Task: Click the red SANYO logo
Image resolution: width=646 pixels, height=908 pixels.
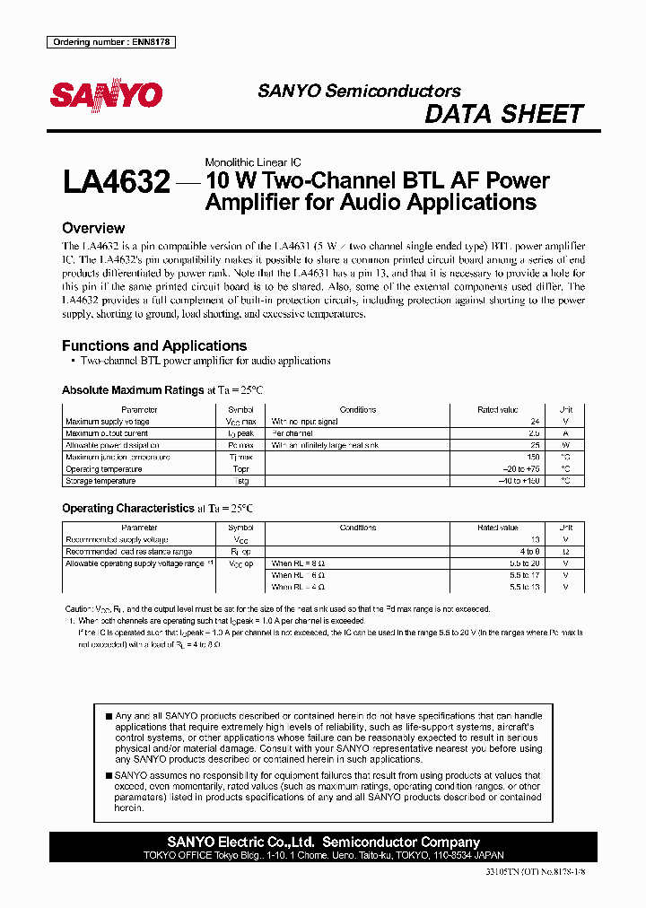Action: (x=106, y=95)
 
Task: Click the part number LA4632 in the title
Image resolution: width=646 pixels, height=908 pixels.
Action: (x=116, y=184)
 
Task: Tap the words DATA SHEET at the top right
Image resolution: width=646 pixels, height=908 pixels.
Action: (x=503, y=114)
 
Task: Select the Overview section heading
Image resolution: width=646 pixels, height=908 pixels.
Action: (x=93, y=228)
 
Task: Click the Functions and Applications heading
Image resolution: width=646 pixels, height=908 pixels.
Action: (x=154, y=345)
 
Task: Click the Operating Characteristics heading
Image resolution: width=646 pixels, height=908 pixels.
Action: (x=128, y=508)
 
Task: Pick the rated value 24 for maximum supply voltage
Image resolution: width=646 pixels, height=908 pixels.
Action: (x=534, y=421)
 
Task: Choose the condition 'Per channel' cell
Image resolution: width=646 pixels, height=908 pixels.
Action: (x=292, y=432)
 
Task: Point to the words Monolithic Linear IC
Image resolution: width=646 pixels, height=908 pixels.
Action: (x=253, y=162)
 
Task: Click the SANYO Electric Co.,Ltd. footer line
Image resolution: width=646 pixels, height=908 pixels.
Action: (x=324, y=842)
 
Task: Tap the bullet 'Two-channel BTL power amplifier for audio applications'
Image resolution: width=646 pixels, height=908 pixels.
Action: (x=205, y=361)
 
